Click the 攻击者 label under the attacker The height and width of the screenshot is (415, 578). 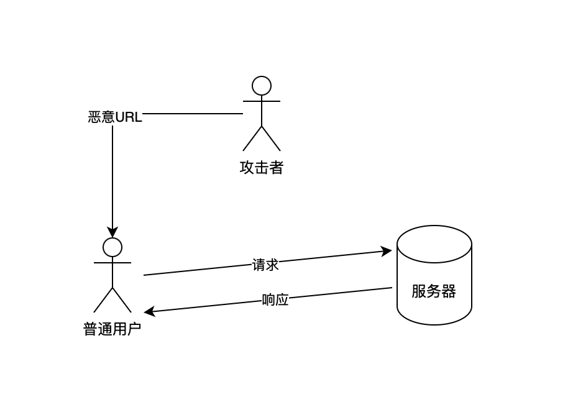(261, 168)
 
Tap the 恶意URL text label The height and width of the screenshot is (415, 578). (115, 117)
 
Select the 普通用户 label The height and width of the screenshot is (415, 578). (112, 329)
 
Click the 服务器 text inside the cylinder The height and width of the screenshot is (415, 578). (434, 291)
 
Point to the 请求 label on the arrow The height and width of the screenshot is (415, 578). (265, 265)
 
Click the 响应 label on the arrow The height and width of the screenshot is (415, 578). (275, 300)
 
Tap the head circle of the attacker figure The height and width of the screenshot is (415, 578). (262, 86)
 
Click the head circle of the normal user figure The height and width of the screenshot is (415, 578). (112, 247)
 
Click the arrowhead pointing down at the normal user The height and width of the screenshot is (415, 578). (112, 232)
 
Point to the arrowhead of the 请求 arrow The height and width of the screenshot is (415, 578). (387, 251)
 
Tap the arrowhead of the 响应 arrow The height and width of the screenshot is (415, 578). (149, 312)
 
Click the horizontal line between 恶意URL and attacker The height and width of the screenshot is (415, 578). (193, 114)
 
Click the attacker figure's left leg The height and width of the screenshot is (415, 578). (252, 139)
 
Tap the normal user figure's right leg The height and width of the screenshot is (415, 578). (122, 300)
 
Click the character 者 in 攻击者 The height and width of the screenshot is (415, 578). (277, 168)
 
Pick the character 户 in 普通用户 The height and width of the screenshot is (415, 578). (134, 329)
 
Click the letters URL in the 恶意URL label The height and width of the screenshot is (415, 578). (129, 117)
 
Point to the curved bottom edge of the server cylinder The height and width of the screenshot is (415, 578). (434, 324)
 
